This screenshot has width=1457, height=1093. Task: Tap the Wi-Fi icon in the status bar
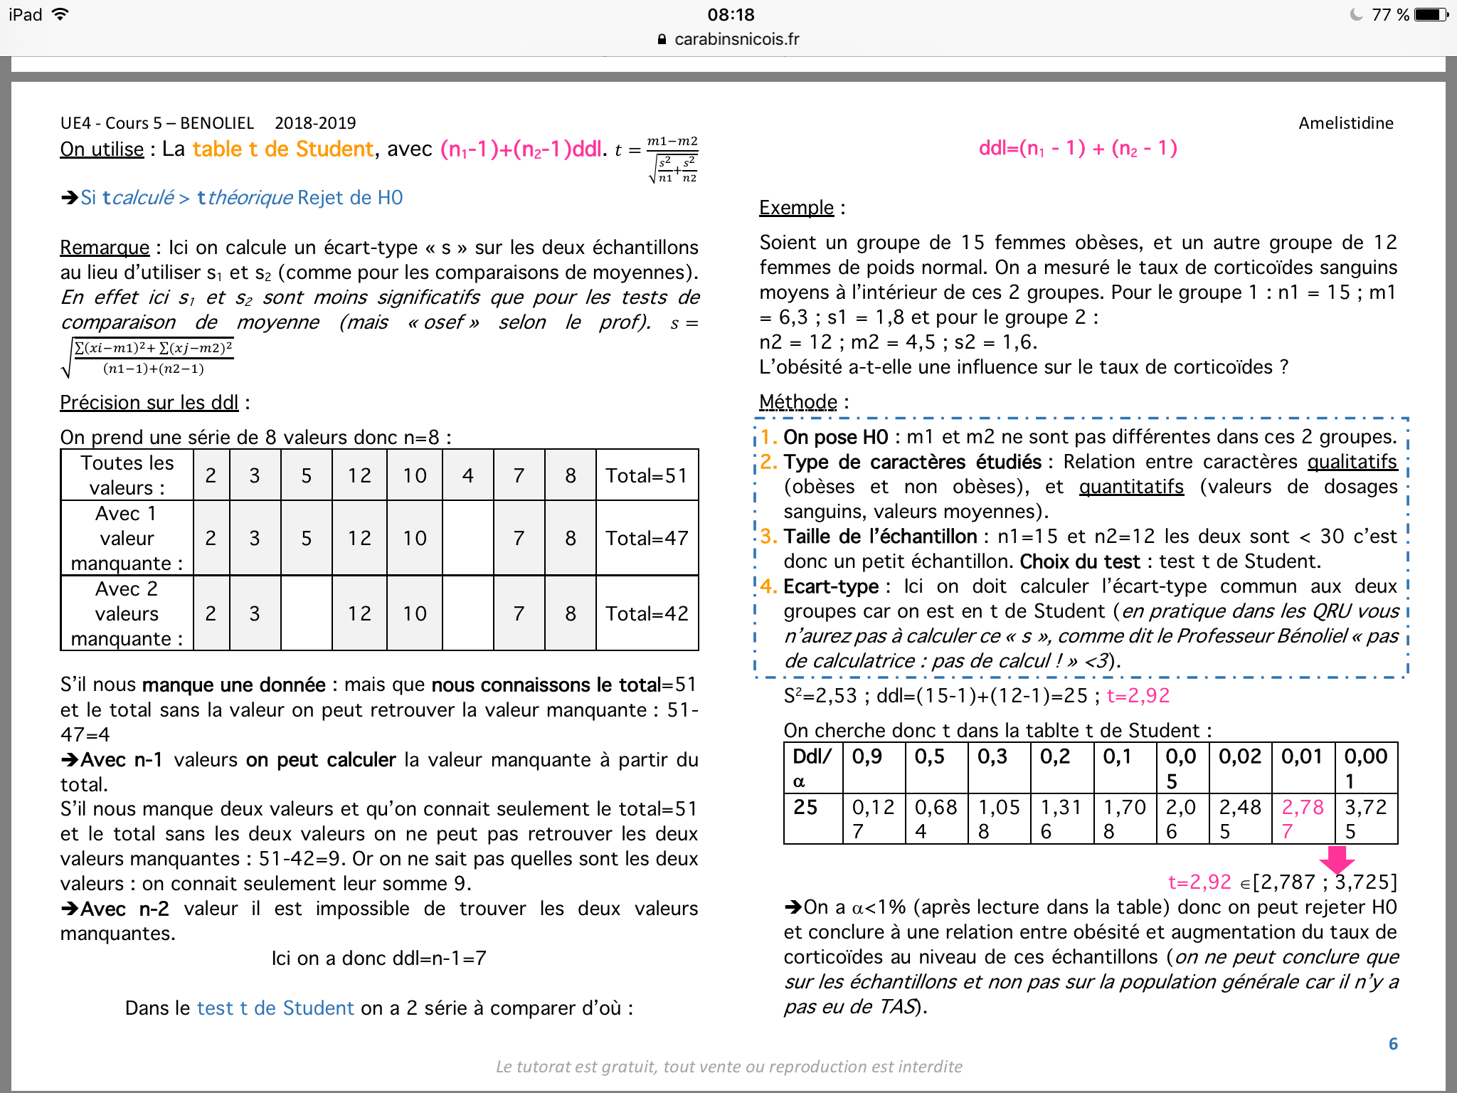pyautogui.click(x=61, y=14)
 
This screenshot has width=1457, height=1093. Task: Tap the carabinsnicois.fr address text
pyautogui.click(x=736, y=39)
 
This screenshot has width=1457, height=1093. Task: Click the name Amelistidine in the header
pyautogui.click(x=1345, y=123)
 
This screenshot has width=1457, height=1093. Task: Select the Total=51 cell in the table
pyautogui.click(x=646, y=475)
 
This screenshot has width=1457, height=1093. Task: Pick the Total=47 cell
pyautogui.click(x=646, y=538)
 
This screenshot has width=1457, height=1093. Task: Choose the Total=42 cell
pyautogui.click(x=646, y=613)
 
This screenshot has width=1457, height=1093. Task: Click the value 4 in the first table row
pyautogui.click(x=467, y=475)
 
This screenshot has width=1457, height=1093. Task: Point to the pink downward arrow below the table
pyautogui.click(x=1337, y=860)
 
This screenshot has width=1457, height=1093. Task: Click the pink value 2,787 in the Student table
pyautogui.click(x=1302, y=818)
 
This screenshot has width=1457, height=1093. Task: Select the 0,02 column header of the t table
pyautogui.click(x=1240, y=756)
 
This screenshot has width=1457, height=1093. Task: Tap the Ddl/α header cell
pyautogui.click(x=812, y=768)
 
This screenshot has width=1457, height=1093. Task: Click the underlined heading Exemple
pyautogui.click(x=796, y=208)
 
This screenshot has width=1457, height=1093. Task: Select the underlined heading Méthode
pyautogui.click(x=798, y=402)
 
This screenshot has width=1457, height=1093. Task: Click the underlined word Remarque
pyautogui.click(x=105, y=248)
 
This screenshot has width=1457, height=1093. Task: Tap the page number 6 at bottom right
pyautogui.click(x=1393, y=1044)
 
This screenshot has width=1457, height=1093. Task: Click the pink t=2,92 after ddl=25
pyautogui.click(x=1138, y=696)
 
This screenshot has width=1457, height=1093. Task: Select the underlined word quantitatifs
pyautogui.click(x=1131, y=487)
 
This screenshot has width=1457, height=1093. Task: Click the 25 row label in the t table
pyautogui.click(x=805, y=807)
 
